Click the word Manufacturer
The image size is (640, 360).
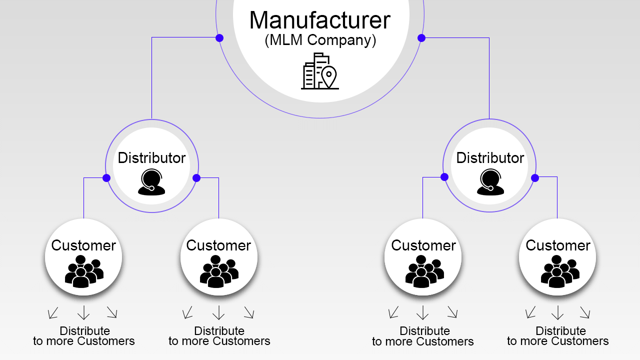coord(320,20)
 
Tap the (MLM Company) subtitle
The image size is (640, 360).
coord(320,40)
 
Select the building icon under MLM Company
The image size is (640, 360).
coord(320,71)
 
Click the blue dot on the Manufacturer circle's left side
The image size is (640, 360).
coord(219,38)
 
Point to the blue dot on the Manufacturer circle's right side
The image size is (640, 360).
coord(421,38)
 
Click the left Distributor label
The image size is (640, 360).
coord(151,158)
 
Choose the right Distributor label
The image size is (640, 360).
coord(490,158)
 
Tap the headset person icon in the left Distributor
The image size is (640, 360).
coord(151,182)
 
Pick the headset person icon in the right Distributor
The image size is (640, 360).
coord(490,182)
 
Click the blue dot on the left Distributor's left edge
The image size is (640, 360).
coord(106,178)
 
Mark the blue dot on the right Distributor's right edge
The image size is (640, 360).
coord(535,178)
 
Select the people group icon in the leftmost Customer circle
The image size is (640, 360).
coord(84,271)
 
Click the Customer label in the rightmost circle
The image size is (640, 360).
coord(558,245)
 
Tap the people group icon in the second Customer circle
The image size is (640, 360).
coord(219,271)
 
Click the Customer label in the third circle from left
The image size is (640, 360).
coord(423,245)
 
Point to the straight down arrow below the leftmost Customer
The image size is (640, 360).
coord(83,312)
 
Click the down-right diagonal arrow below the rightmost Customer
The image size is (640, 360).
coord(585,312)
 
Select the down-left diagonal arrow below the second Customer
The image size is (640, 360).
coord(187,312)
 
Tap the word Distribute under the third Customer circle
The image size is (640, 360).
coord(425,331)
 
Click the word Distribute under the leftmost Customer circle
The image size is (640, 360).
coord(85,331)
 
